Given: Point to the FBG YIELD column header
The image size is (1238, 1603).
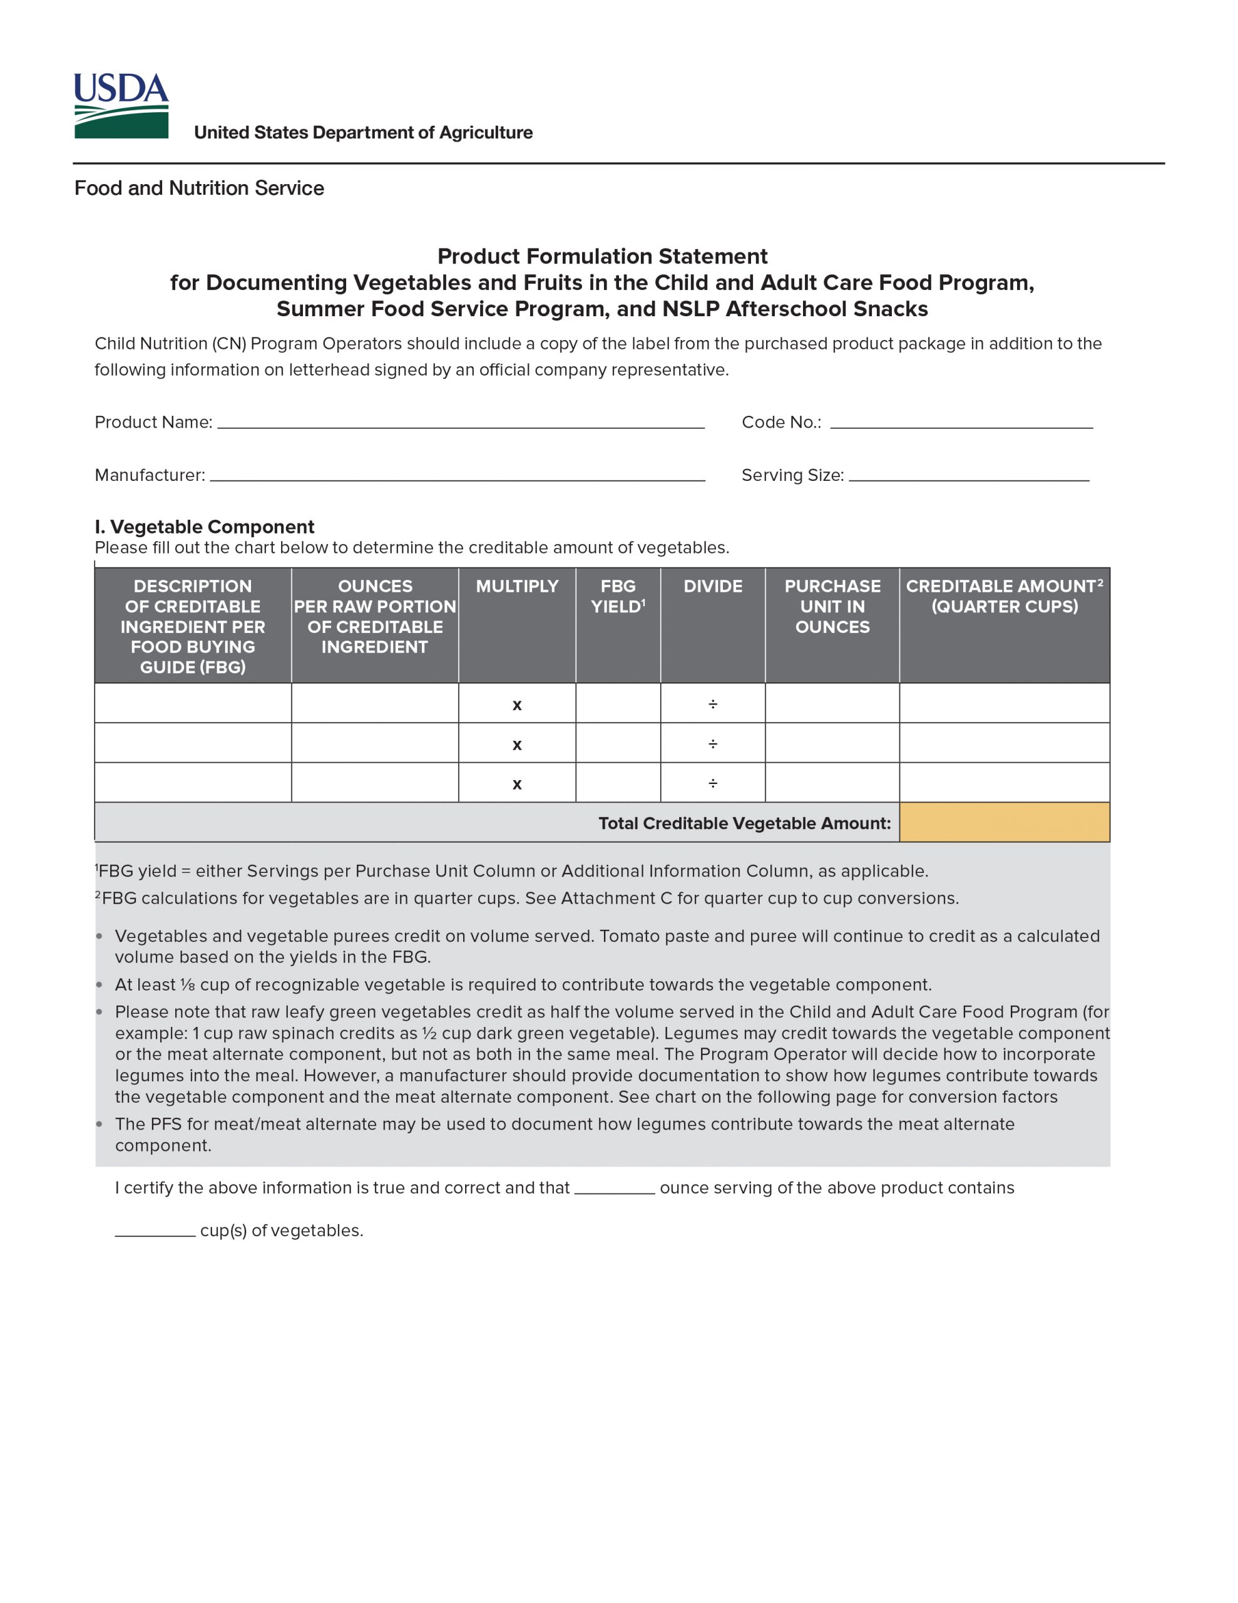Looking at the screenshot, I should coord(618,596).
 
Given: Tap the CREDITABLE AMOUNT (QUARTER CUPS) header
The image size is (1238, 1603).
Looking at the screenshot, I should coord(1004,596).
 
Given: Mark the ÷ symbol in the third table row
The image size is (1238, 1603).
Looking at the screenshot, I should coord(712,783).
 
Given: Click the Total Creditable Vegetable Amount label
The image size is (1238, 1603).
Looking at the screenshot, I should coord(744,823).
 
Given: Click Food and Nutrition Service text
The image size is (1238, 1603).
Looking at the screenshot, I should coord(199,188).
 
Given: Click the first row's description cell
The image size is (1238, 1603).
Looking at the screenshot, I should coord(193,703).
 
